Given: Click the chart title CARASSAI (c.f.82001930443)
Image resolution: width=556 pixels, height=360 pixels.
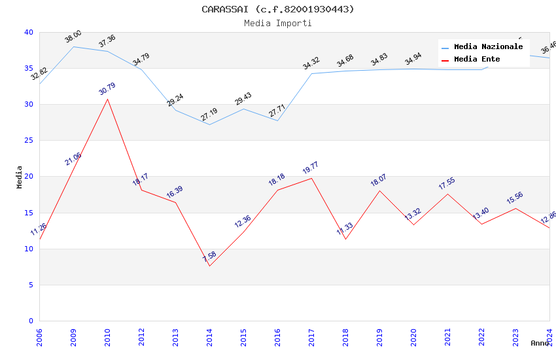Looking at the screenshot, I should point(278,9).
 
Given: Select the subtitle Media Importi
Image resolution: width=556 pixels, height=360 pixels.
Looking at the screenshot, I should point(278,24).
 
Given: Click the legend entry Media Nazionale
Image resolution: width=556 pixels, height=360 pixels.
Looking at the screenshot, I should point(488,47).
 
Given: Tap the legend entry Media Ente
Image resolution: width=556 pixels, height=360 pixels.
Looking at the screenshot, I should point(477,60).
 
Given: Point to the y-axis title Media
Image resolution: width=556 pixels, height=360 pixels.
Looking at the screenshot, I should point(20,177).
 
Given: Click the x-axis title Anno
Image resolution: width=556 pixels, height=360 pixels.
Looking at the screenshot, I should point(540,343).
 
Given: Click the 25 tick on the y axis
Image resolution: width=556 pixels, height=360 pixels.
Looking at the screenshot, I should point(29,141).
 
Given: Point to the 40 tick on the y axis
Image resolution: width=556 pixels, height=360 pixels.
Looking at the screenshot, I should point(29,33).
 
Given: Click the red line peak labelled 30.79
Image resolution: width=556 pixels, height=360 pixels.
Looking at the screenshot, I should point(107,99).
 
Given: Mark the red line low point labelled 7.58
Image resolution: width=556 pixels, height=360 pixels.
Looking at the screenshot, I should point(209,266).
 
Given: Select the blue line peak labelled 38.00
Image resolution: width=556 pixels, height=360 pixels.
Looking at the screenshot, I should point(73,46).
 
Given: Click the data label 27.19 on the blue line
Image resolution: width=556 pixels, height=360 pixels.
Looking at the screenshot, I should point(209,115).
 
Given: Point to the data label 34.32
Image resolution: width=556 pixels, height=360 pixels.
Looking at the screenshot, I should point(311,63).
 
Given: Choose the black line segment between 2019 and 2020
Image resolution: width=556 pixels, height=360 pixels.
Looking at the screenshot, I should point(396,207).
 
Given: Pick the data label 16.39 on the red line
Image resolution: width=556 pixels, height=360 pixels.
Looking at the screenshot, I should point(175,192).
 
